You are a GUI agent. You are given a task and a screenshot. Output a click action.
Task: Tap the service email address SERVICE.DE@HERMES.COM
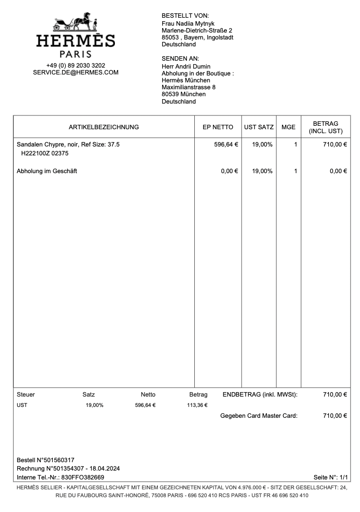pyautogui.click(x=75, y=73)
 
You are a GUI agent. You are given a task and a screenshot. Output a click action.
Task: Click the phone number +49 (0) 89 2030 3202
pyautogui.click(x=75, y=65)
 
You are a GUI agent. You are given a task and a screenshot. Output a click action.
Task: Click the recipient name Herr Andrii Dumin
pyautogui.click(x=186, y=67)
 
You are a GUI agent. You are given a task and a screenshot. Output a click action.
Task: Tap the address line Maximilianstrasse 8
pyautogui.click(x=188, y=87)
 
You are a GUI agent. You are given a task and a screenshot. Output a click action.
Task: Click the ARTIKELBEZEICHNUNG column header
pyautogui.click(x=104, y=127)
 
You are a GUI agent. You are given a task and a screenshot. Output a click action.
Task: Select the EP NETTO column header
pyautogui.click(x=218, y=127)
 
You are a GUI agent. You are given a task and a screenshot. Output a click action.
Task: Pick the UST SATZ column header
pyautogui.click(x=259, y=127)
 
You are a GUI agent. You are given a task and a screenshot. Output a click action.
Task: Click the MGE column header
pyautogui.click(x=288, y=127)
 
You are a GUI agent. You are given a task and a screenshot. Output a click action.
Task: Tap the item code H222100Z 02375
pyautogui.click(x=44, y=153)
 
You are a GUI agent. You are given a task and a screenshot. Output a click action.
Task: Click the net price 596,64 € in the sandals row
pyautogui.click(x=226, y=145)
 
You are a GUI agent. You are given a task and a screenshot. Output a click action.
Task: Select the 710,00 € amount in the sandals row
pyautogui.click(x=335, y=145)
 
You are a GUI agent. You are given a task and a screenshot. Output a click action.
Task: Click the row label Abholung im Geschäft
pyautogui.click(x=47, y=171)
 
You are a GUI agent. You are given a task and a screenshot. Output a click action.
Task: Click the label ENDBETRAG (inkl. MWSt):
pyautogui.click(x=260, y=395)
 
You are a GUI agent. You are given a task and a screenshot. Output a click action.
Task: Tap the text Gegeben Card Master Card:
pyautogui.click(x=259, y=416)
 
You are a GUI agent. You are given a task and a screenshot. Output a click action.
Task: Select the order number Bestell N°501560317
pyautogui.click(x=45, y=460)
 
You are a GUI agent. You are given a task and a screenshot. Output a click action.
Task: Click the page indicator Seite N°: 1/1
pyautogui.click(x=330, y=477)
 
